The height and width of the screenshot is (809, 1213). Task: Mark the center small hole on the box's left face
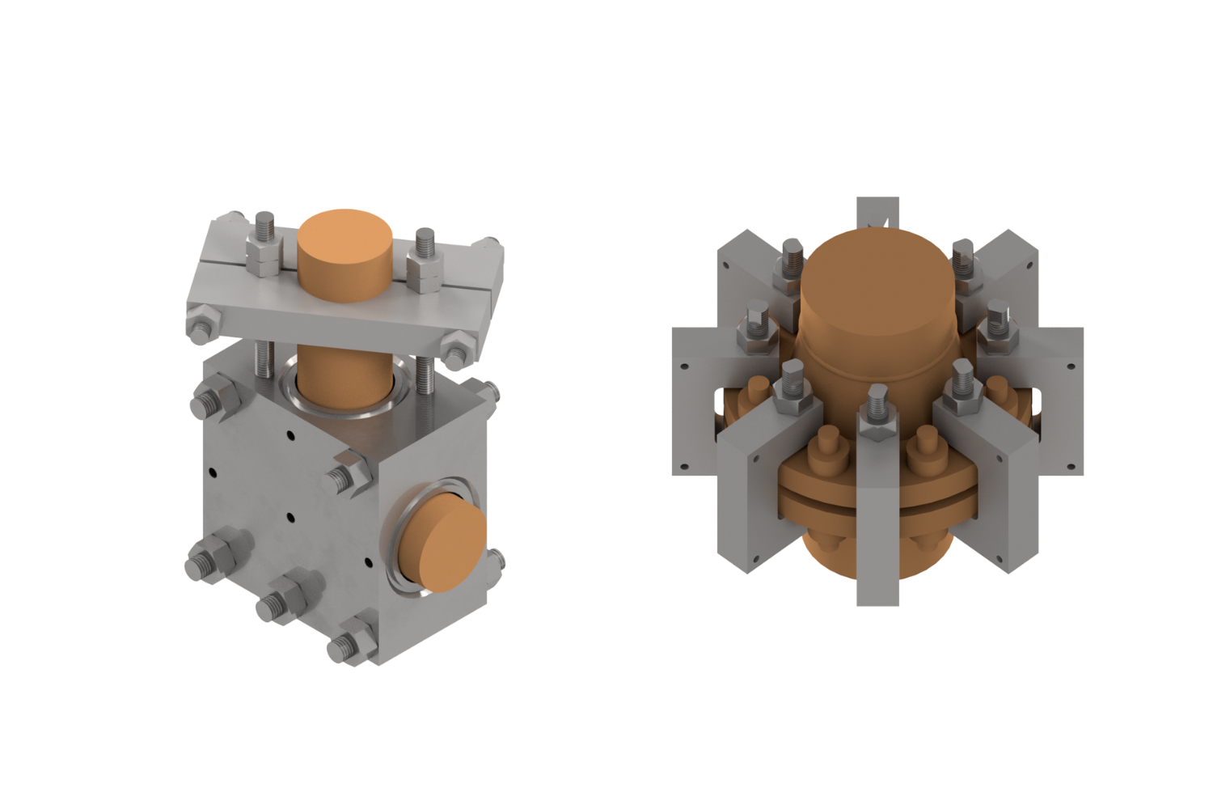click(290, 517)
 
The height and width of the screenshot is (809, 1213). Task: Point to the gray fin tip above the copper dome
click(877, 212)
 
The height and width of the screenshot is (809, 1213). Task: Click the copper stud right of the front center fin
click(926, 449)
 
